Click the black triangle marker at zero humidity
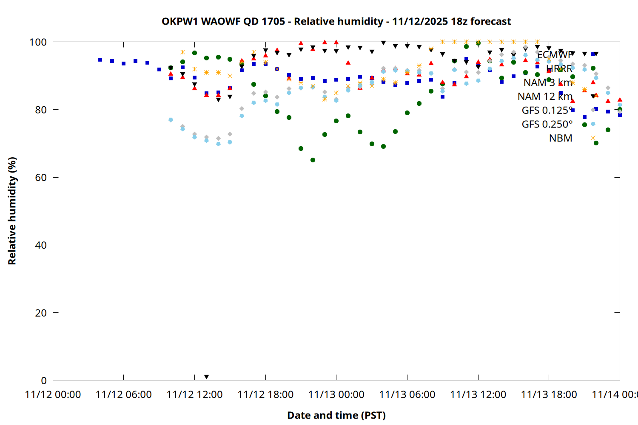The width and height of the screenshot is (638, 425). coord(206,377)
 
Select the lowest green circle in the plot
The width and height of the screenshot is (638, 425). coord(313,160)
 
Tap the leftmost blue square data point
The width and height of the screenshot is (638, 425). coord(100,60)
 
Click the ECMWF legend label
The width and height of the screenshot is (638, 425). coord(555,55)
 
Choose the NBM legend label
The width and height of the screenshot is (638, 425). coord(561,138)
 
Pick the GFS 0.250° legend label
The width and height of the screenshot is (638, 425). coord(547,124)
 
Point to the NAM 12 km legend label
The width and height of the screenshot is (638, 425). coord(545,96)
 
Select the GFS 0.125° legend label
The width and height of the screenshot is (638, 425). coord(547,110)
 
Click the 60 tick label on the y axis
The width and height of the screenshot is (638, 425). coord(41,177)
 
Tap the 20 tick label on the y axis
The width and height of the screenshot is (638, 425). coord(41,313)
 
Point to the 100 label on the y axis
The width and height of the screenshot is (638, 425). coord(38,42)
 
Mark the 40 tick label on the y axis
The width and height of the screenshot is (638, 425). coord(41,245)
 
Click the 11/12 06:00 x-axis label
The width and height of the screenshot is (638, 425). coord(123,395)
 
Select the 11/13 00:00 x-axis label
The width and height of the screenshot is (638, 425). coord(336,395)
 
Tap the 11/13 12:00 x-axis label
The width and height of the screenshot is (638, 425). coord(478,395)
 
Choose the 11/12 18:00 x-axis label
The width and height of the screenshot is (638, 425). coord(265,395)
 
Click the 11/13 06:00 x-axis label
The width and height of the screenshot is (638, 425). coord(407,395)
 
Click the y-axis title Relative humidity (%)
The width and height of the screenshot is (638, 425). coord(12,211)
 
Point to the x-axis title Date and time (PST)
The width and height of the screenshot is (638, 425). coord(336,415)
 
